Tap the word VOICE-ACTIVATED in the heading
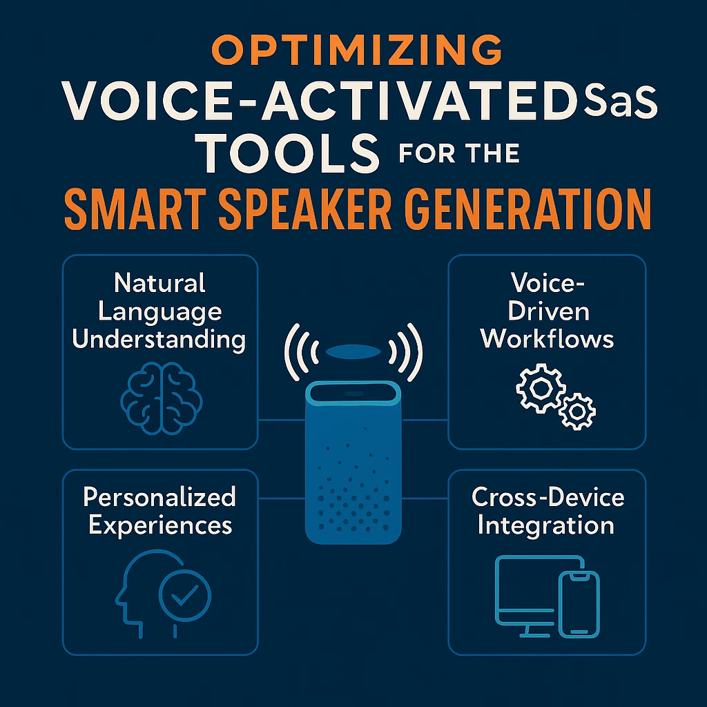point(320,101)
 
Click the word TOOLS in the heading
point(289,153)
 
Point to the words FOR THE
point(459,153)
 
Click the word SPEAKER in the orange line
point(304,209)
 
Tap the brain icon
point(161,398)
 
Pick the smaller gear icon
point(577,411)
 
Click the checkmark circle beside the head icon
point(185,595)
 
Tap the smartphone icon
point(579,604)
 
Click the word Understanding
point(159,340)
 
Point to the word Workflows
point(547,338)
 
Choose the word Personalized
point(159,497)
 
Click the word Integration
point(546,525)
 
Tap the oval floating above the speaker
point(353,351)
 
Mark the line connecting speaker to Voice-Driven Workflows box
point(425,420)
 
